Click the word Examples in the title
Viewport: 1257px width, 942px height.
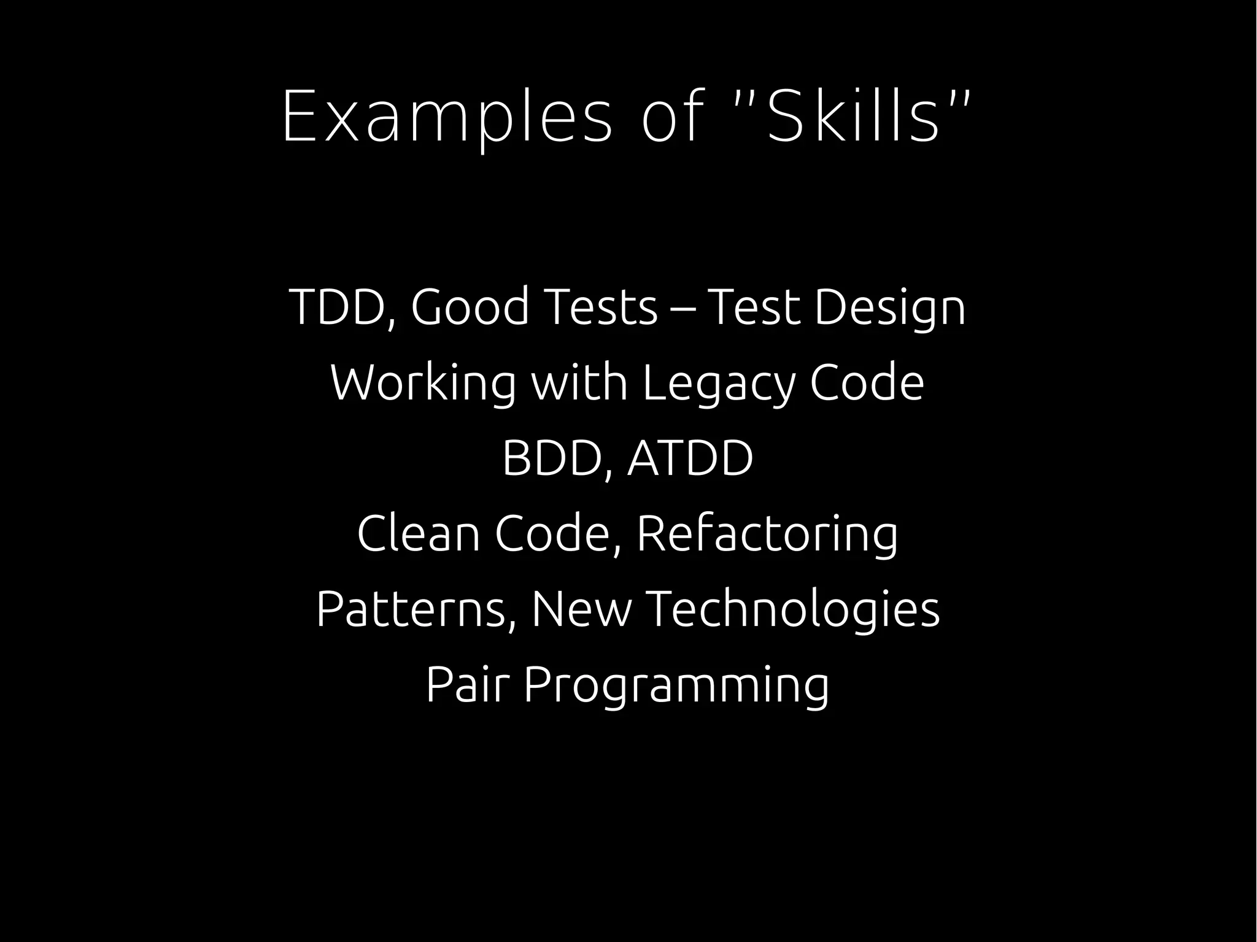(447, 117)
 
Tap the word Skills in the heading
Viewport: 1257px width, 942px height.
(853, 117)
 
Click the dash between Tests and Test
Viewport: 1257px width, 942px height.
(683, 308)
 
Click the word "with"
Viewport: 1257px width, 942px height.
(579, 382)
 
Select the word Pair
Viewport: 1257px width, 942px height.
(468, 685)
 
